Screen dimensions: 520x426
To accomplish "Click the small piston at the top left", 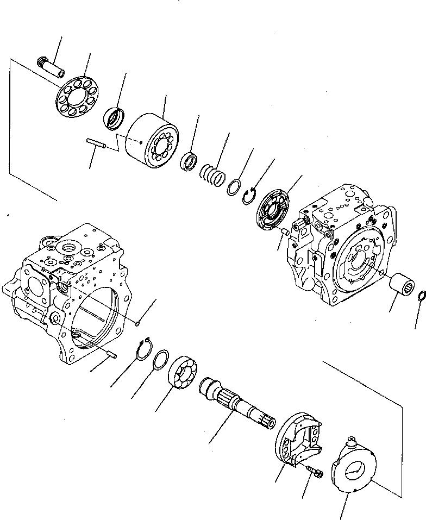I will (51, 67).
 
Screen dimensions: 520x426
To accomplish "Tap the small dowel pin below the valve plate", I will (283, 232).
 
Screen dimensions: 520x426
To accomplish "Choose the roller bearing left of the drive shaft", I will (183, 374).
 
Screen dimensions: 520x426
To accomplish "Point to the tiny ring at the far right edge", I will (421, 296).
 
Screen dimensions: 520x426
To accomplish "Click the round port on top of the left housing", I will (70, 248).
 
